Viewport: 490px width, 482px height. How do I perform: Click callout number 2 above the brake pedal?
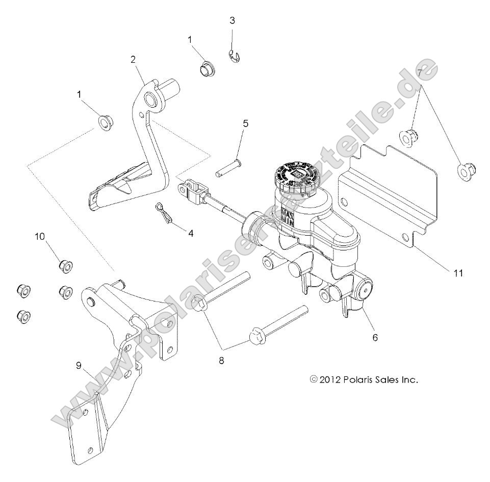pyautogui.click(x=133, y=59)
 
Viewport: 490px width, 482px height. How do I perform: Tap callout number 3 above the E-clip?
pyautogui.click(x=232, y=21)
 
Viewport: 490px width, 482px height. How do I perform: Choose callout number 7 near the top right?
pyautogui.click(x=420, y=73)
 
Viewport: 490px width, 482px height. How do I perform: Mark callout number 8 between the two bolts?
pyautogui.click(x=221, y=360)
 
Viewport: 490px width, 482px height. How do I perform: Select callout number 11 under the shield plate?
pyautogui.click(x=457, y=272)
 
